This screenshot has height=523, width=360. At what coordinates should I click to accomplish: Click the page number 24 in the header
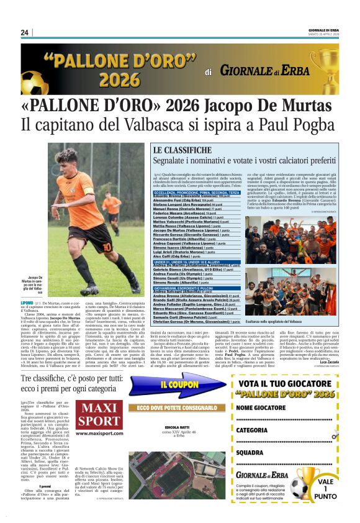[x=25, y=32]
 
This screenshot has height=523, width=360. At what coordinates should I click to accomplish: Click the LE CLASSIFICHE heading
[x=182, y=150]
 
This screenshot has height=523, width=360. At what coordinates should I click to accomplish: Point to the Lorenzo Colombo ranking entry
[x=184, y=218]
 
